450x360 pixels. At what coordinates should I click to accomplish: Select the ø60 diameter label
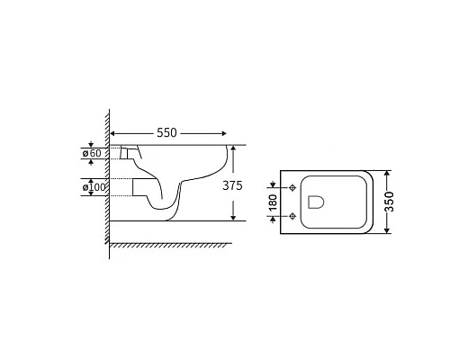[95, 153]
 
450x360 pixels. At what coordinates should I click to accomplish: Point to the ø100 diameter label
[94, 187]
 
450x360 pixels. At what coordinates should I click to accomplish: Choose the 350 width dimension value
[388, 201]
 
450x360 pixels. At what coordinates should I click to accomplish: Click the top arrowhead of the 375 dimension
[233, 149]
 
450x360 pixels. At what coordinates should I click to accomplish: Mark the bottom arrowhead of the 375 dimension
[233, 217]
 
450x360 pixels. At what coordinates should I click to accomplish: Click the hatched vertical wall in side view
[106, 180]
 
